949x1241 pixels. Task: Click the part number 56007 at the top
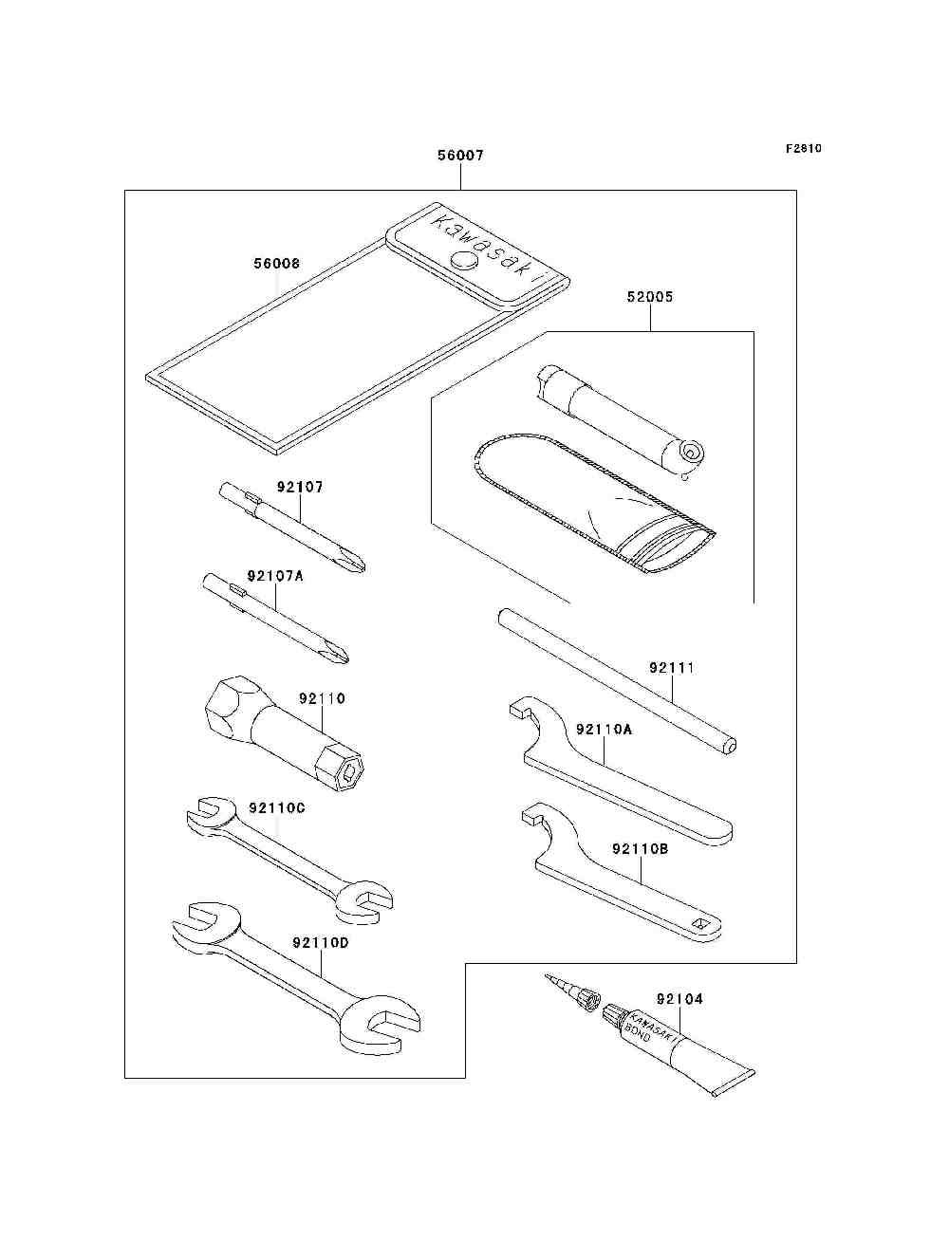click(x=460, y=156)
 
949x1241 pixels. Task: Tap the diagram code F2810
click(x=803, y=149)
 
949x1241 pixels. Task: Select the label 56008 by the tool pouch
click(x=276, y=263)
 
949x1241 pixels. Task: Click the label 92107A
click(x=275, y=576)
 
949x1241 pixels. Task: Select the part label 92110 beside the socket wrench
click(x=322, y=698)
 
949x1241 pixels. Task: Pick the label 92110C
click(x=277, y=807)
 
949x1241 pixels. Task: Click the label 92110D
click(x=321, y=943)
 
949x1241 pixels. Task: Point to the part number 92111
click(x=672, y=668)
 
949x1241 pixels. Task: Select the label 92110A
click(x=604, y=729)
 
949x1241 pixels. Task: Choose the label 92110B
click(x=640, y=848)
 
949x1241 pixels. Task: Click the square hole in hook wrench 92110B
click(x=700, y=923)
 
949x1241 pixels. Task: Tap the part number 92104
click(x=679, y=999)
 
